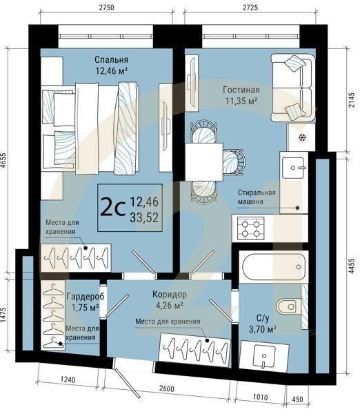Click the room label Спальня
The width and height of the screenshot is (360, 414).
pyautogui.click(x=111, y=59)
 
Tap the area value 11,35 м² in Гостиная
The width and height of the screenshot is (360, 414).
pyautogui.click(x=240, y=101)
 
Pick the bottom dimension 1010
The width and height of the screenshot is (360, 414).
pyautogui.click(x=261, y=397)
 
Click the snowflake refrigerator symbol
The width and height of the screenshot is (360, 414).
pyautogui.click(x=301, y=137)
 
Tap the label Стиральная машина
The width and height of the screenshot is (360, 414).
pyautogui.click(x=257, y=196)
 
